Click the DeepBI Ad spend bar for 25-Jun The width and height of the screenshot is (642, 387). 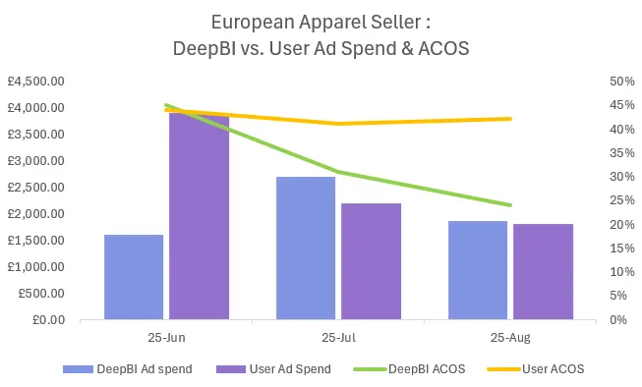134,277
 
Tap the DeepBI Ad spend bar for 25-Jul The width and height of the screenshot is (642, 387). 306,248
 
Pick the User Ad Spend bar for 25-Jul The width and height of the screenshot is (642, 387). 371,261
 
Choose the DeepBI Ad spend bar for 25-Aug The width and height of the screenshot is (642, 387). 478,270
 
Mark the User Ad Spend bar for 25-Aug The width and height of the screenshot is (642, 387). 543,271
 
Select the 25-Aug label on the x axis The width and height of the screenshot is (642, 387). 510,336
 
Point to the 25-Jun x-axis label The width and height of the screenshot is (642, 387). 166,336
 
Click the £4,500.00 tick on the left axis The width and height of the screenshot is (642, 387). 36,81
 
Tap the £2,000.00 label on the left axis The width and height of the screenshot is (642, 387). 36,213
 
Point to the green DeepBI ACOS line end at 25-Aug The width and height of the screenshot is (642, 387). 510,205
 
